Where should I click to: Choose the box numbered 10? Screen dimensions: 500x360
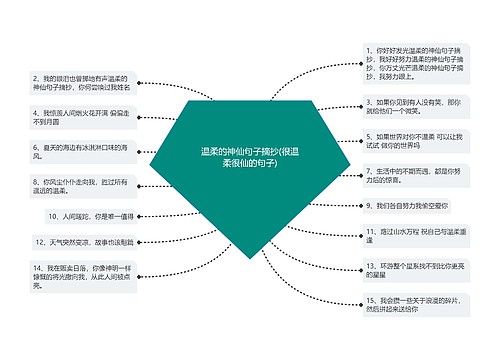tap(90, 215)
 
